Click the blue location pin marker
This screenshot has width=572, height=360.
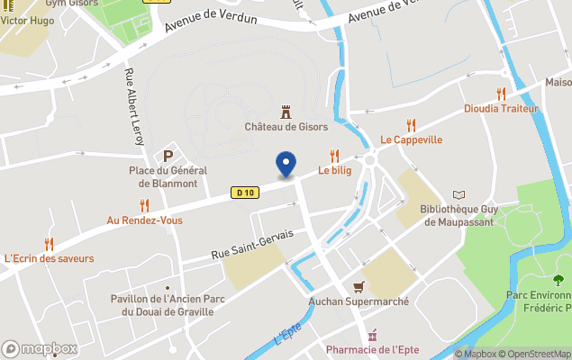286,165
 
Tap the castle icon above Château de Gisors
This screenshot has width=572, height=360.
286,112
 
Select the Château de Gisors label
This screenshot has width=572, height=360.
286,127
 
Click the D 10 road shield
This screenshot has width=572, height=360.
244,193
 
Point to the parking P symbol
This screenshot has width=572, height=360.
168,157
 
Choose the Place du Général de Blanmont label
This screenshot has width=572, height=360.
168,177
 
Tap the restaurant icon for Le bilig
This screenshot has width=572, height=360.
334,156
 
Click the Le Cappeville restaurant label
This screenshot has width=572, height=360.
411,139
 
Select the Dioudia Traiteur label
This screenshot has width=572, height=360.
501,109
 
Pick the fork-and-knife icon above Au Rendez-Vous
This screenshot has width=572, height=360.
144,205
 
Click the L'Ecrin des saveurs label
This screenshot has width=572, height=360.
49,258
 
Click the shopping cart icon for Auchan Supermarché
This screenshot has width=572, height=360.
359,287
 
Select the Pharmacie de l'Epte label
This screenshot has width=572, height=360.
368,349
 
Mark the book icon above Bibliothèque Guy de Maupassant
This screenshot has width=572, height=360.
459,194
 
